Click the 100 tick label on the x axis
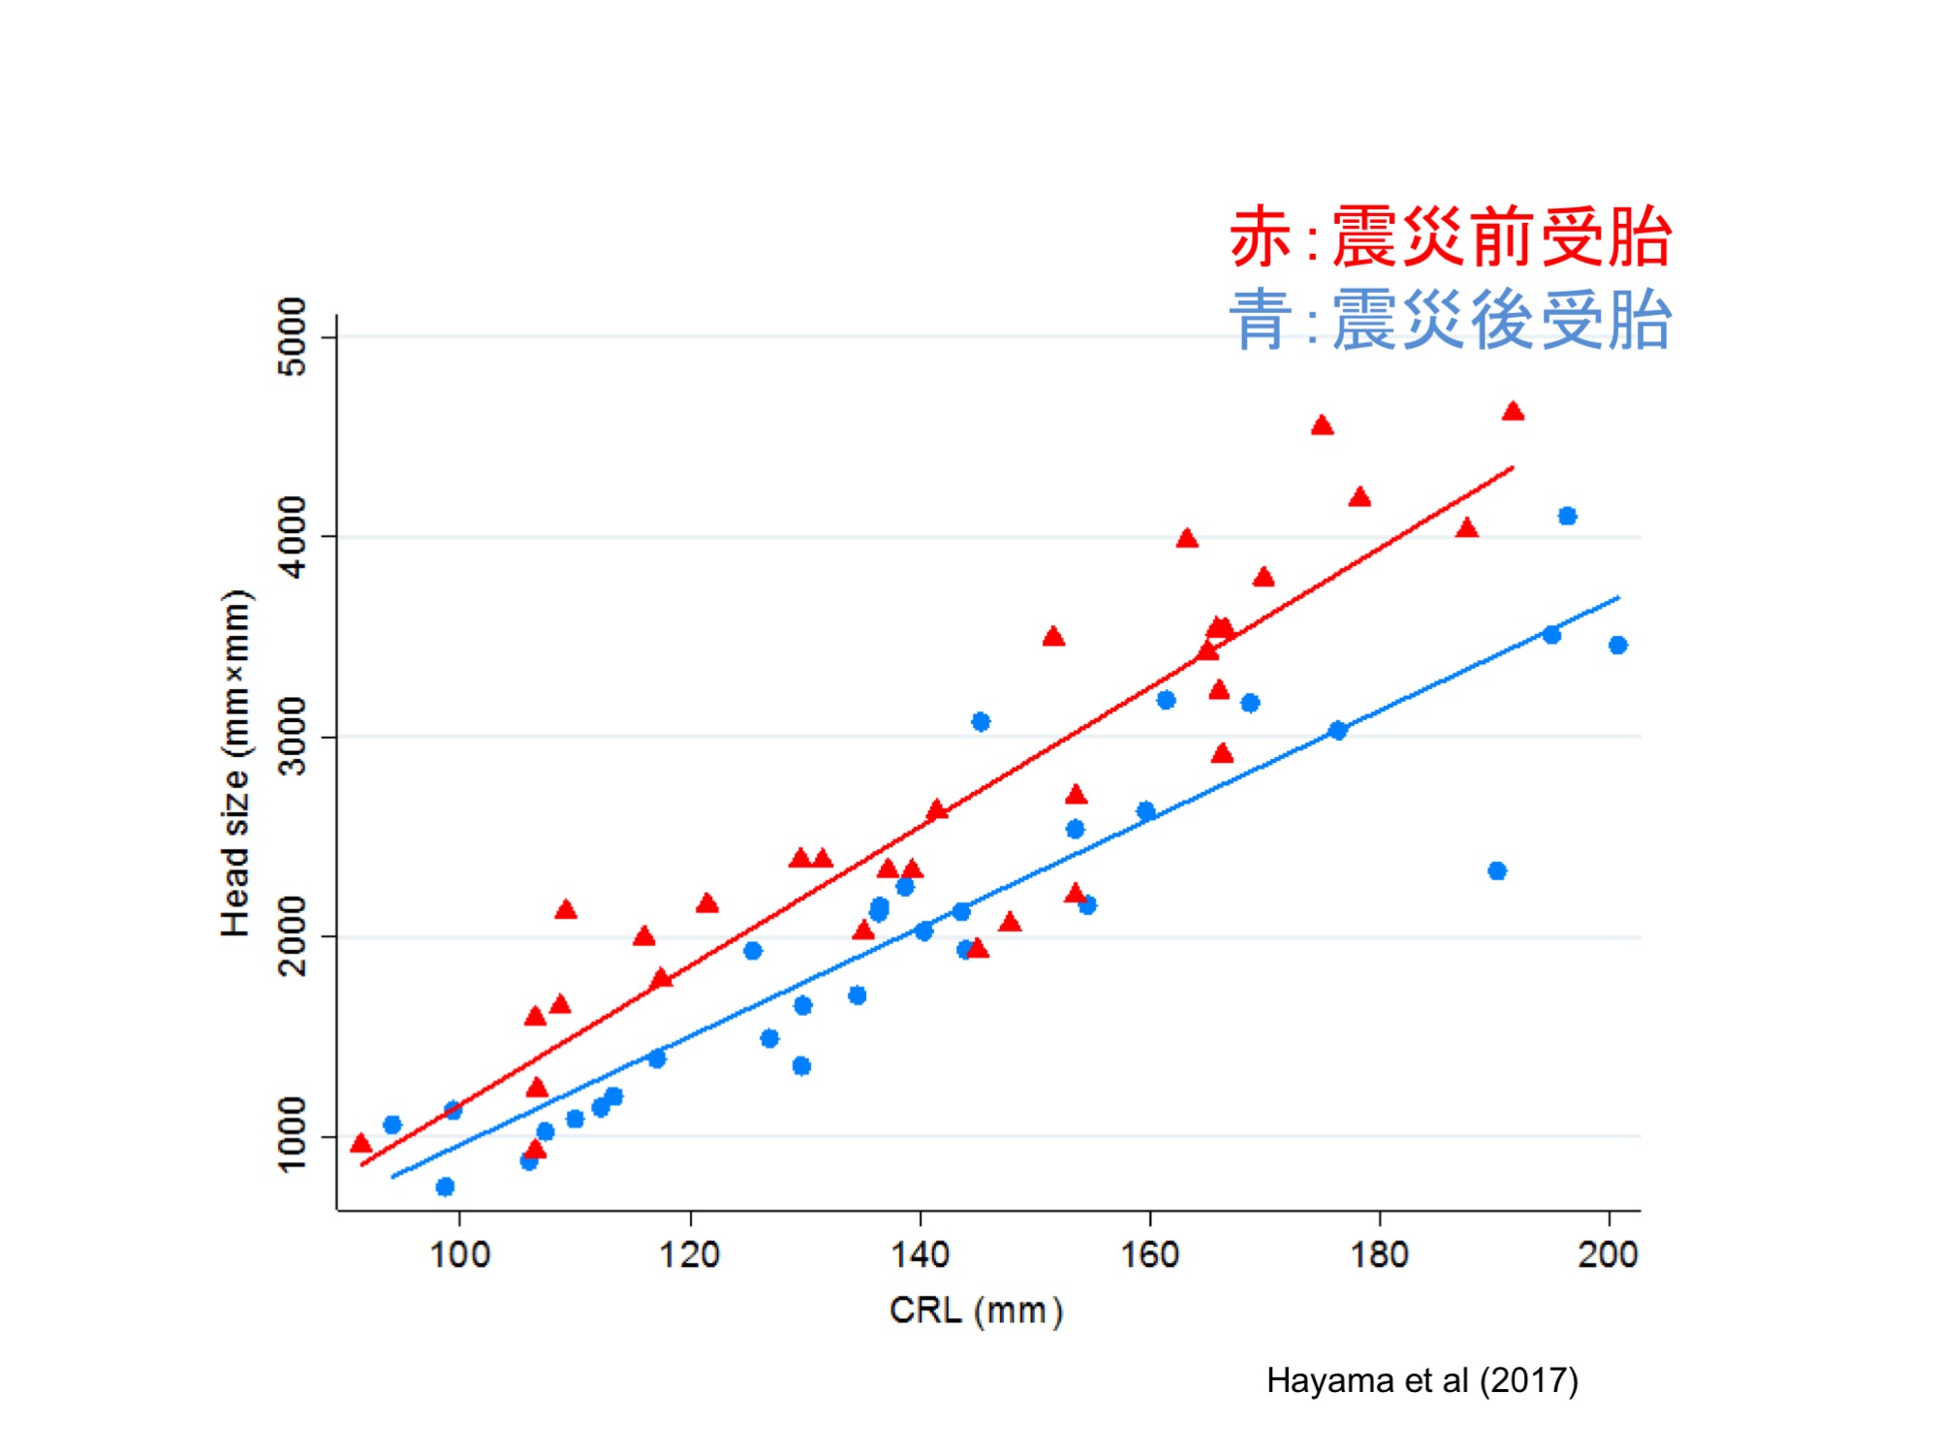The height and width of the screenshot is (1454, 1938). coord(459,1254)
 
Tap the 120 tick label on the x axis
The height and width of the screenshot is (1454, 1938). coord(689,1254)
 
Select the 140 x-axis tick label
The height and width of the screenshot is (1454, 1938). coord(920,1254)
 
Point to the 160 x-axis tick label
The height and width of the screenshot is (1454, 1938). coord(1149,1254)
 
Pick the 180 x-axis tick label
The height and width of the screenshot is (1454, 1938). coord(1379,1254)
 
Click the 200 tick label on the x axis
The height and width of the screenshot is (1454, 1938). coord(1608,1254)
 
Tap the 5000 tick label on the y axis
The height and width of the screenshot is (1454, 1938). coord(292,336)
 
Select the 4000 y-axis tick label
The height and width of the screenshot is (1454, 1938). coord(292,536)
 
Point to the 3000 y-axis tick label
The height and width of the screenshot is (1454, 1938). coord(292,737)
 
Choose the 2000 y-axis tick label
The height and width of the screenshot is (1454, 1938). coord(292,936)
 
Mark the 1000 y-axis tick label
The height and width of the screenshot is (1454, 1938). coord(292,1135)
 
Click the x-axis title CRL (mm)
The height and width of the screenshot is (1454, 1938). coord(976,1311)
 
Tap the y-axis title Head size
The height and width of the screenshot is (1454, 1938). coord(235,764)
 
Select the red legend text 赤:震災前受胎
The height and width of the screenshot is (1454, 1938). coord(1451,237)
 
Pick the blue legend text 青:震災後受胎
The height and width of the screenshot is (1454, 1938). coord(1451,320)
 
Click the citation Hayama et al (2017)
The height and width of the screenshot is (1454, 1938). coord(1422,1380)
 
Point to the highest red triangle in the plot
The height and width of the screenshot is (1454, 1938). coord(1513,412)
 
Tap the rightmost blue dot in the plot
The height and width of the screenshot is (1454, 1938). coord(1617,645)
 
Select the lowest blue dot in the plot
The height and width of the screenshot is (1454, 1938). coord(445,1186)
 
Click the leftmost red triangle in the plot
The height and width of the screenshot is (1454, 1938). coord(360,1144)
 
